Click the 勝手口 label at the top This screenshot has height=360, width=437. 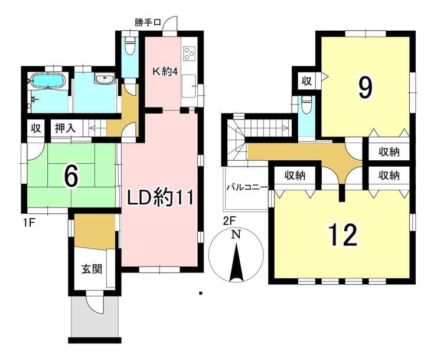pos(148,22)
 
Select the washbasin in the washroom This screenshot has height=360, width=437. pos(105,79)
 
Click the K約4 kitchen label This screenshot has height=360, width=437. pos(165,72)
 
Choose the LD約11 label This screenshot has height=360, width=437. pos(160,197)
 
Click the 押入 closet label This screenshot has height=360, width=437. pos(65,128)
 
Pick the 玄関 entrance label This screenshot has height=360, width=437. pos(92,269)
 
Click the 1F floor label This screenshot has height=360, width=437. pos(29,223)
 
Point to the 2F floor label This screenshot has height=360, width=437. pos(230,221)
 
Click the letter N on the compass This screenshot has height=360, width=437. pos(236,235)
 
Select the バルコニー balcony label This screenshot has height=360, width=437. pos(247,187)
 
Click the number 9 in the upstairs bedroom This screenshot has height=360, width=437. pos(365,87)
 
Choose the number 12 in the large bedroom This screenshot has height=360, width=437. pos(343,235)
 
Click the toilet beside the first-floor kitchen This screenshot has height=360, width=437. pos(130,45)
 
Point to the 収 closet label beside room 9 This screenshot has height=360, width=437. pos(306,81)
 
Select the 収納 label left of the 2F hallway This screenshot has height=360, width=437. pos(295,175)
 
